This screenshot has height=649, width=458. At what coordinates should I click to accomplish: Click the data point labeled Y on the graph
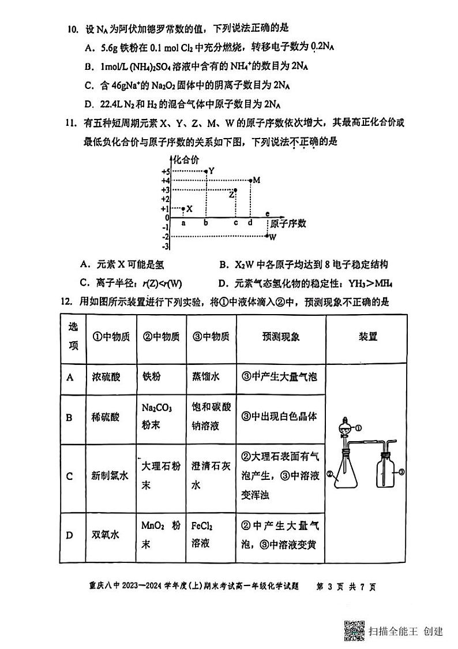click(206, 171)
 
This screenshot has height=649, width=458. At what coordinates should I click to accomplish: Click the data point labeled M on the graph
click(250, 181)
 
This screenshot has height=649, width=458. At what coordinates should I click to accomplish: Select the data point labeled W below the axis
click(267, 236)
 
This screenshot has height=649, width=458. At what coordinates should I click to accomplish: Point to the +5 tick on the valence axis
click(165, 172)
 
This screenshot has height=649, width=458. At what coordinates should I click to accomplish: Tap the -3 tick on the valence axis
click(165, 247)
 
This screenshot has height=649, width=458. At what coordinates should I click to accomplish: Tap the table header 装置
click(368, 337)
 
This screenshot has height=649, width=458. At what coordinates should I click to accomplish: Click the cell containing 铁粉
click(152, 376)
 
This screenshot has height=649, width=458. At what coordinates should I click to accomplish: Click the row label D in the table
click(70, 535)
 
